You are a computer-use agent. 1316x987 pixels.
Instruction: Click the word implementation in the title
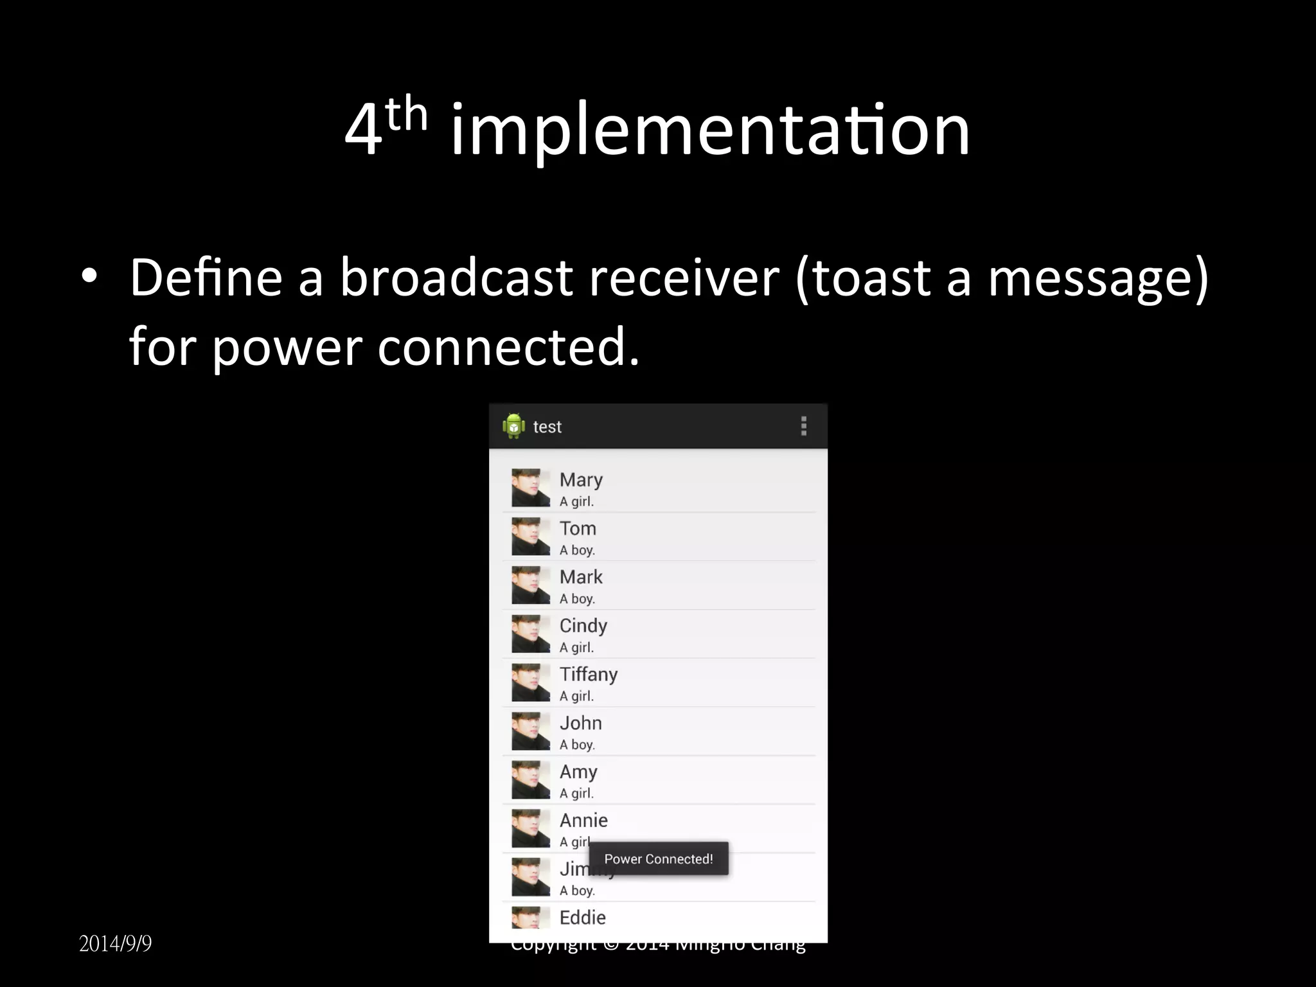pyautogui.click(x=710, y=131)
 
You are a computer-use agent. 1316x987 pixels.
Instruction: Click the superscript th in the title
pyautogui.click(x=406, y=115)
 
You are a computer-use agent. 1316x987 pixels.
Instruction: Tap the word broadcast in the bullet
pyautogui.click(x=456, y=278)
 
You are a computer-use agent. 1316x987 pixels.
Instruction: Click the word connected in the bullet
pyautogui.click(x=508, y=347)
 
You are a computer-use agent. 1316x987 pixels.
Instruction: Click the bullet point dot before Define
pyautogui.click(x=89, y=276)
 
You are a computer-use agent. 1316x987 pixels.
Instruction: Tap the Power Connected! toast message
pyautogui.click(x=659, y=859)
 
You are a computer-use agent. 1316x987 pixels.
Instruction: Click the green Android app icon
pyautogui.click(x=513, y=426)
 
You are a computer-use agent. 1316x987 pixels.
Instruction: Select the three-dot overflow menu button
pyautogui.click(x=803, y=426)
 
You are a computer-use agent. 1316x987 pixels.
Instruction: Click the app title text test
pyautogui.click(x=547, y=427)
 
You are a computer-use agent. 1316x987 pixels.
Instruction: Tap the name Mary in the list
pyautogui.click(x=581, y=481)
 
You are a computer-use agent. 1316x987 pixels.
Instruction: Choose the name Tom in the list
pyautogui.click(x=578, y=529)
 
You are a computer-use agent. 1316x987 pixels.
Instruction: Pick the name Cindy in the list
pyautogui.click(x=583, y=626)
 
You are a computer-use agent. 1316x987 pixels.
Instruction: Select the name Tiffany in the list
pyautogui.click(x=588, y=675)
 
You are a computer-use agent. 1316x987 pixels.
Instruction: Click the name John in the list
pyautogui.click(x=580, y=723)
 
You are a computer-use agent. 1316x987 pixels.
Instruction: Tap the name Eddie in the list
pyautogui.click(x=582, y=918)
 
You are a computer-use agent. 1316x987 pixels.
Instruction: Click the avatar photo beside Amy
pyautogui.click(x=531, y=779)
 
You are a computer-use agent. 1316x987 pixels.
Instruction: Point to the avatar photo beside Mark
pyautogui.click(x=531, y=585)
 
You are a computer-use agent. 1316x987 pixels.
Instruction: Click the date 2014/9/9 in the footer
pyautogui.click(x=116, y=944)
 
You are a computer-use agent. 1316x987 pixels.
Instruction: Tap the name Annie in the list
pyautogui.click(x=583, y=821)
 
